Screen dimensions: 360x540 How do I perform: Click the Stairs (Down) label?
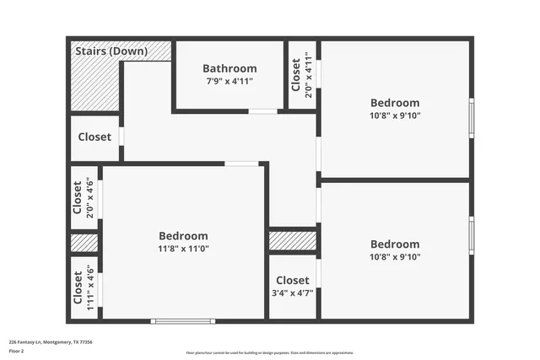[x=111, y=51]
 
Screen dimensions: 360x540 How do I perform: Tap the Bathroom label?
[x=229, y=68]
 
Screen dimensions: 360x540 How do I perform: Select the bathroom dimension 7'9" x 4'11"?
[x=229, y=81]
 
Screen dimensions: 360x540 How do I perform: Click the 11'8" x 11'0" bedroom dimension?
[x=183, y=249]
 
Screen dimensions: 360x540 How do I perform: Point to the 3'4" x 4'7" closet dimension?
[x=293, y=293]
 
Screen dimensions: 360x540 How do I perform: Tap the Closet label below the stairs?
[x=94, y=137]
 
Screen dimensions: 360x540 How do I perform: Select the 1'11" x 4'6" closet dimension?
[x=90, y=287]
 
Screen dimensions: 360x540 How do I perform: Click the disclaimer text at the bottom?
[x=270, y=352]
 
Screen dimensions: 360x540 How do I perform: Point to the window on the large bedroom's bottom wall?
[x=183, y=320]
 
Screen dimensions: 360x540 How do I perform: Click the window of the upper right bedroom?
[x=471, y=117]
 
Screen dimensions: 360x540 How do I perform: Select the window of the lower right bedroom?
[x=471, y=235]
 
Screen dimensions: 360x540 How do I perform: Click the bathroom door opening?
[x=262, y=111]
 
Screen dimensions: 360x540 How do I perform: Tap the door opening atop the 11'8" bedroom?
[x=241, y=164]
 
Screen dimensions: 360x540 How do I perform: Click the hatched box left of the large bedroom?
[x=84, y=243]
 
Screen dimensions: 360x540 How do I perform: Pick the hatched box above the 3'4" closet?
[x=293, y=241]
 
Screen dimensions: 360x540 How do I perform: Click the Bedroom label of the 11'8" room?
[x=183, y=236]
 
